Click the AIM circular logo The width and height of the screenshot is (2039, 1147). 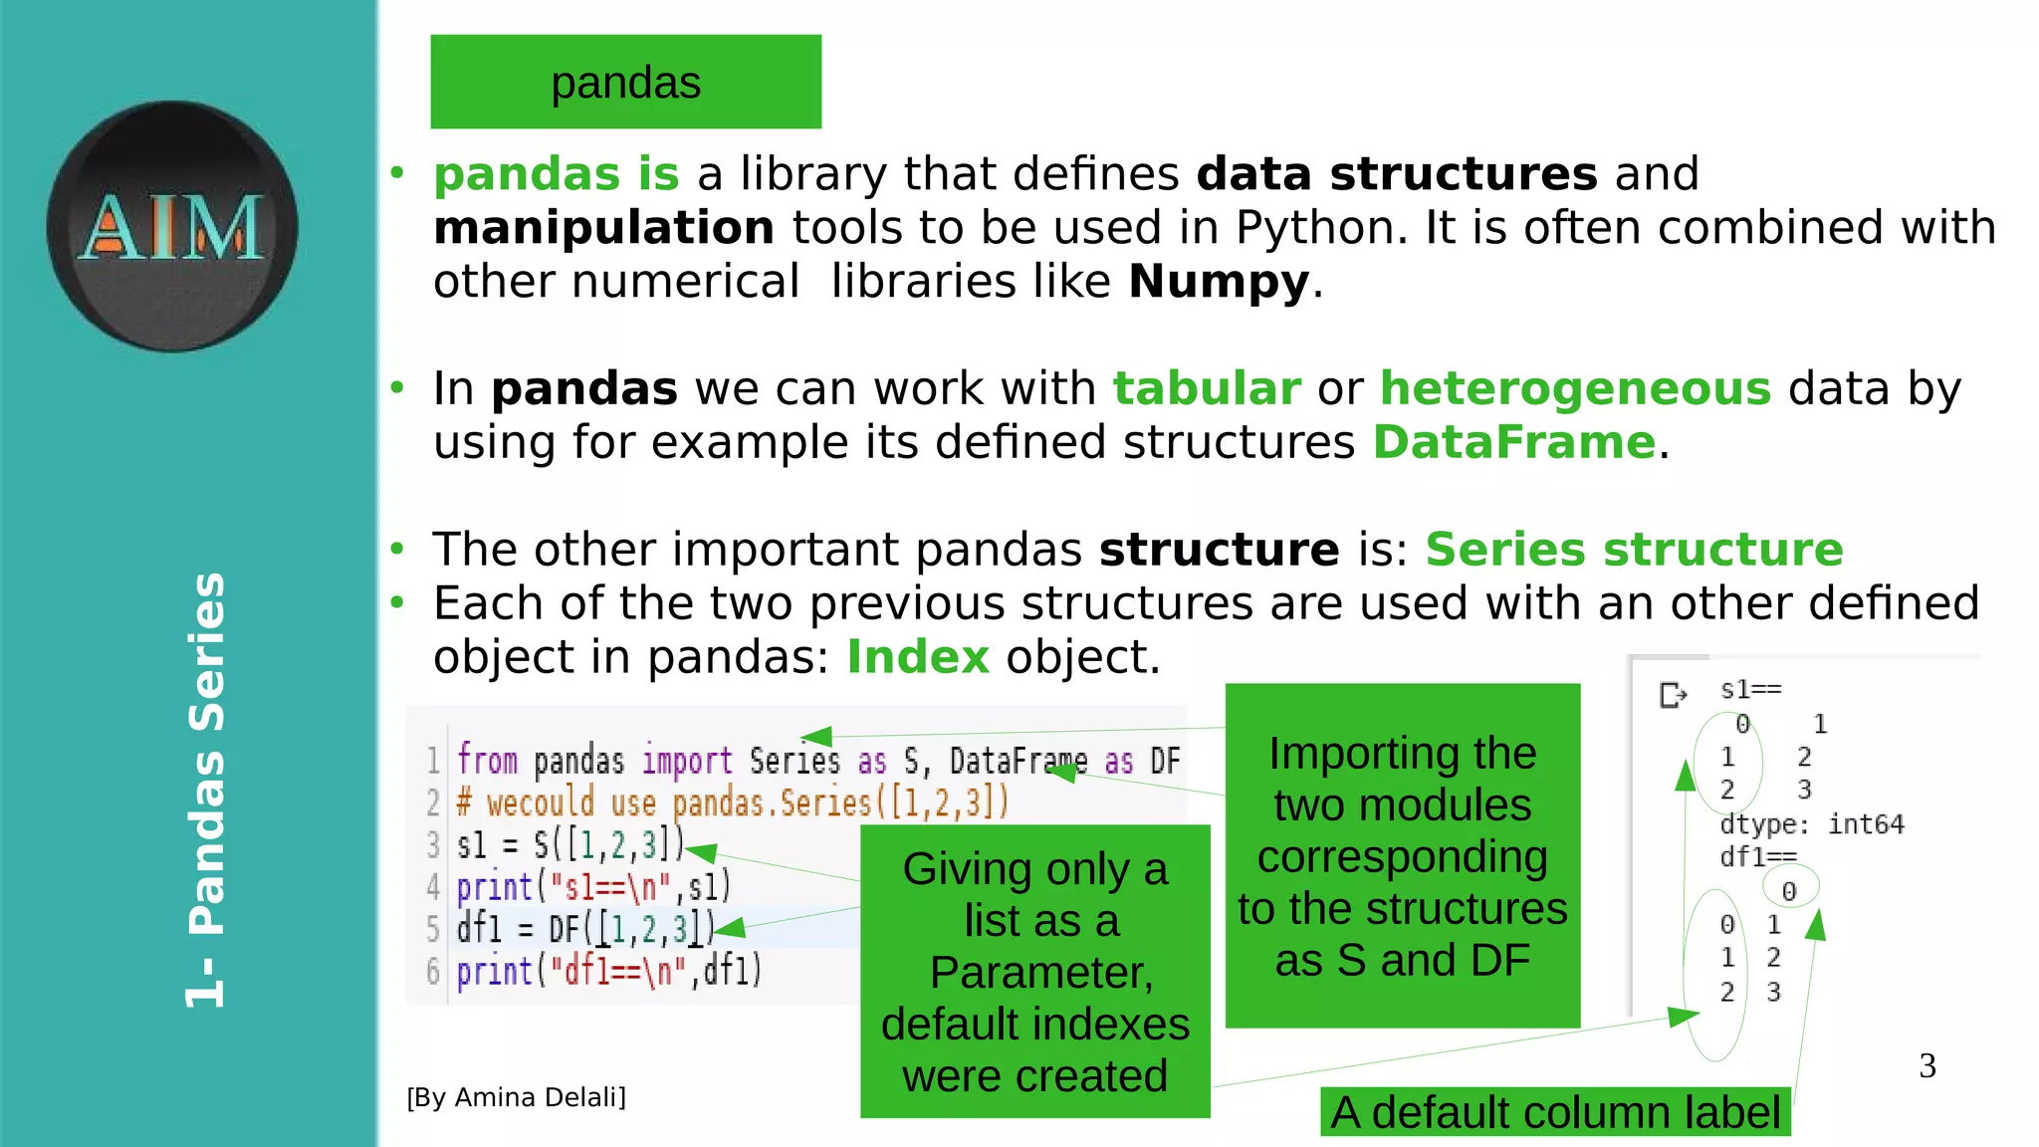coord(172,226)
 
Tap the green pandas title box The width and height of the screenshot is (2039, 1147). coord(625,82)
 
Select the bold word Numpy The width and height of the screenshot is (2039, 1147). coord(1218,282)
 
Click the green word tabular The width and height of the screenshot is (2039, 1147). coord(1206,388)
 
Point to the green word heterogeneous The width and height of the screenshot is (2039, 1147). coord(1575,388)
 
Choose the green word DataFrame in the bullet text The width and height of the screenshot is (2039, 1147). coord(1513,442)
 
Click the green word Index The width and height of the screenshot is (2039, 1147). coord(917,657)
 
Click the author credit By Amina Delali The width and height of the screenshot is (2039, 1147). coord(516,1097)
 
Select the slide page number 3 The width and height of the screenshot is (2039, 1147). coord(1927,1065)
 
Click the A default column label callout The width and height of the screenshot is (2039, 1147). coord(1555,1112)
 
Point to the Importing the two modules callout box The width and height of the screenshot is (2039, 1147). coord(1402,855)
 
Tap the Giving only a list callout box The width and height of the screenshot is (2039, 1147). coord(1034,971)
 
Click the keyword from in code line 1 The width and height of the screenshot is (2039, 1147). coord(487,761)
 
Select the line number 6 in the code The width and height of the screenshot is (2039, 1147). coord(433,971)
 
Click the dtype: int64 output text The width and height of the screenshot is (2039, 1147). coord(1811,824)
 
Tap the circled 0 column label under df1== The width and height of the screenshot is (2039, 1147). coord(1789,890)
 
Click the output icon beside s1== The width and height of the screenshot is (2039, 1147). coord(1673,694)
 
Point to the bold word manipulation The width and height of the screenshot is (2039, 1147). coord(603,228)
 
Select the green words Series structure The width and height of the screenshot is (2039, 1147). coord(1634,550)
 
